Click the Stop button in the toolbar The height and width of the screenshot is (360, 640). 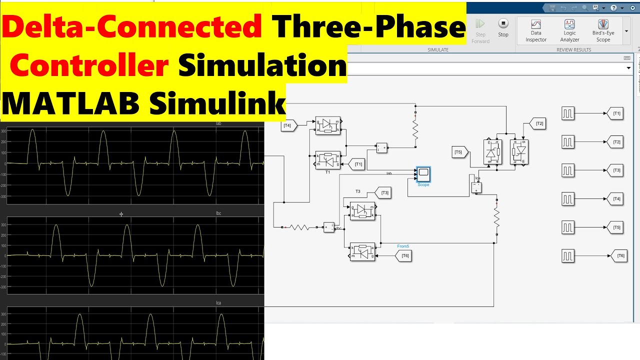[503, 27]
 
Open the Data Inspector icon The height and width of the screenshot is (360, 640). [536, 30]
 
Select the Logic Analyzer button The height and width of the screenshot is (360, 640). [569, 30]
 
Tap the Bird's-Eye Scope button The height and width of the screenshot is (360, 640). [603, 30]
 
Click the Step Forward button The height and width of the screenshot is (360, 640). [480, 30]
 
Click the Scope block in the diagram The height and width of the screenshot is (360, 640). [423, 174]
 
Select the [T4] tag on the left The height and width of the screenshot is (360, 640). [288, 125]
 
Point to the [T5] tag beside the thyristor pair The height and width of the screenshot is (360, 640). [459, 152]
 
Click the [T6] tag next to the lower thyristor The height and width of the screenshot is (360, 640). [404, 255]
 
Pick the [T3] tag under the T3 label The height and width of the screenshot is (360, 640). [384, 193]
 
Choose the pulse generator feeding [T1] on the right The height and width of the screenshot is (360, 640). [567, 114]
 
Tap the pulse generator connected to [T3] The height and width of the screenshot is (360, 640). [567, 170]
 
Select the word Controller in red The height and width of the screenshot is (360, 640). [89, 65]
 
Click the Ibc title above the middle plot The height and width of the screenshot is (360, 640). [218, 213]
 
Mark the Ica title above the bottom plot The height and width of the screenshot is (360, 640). [218, 303]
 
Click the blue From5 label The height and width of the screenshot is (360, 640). [403, 246]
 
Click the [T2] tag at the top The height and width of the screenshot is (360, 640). [538, 123]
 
